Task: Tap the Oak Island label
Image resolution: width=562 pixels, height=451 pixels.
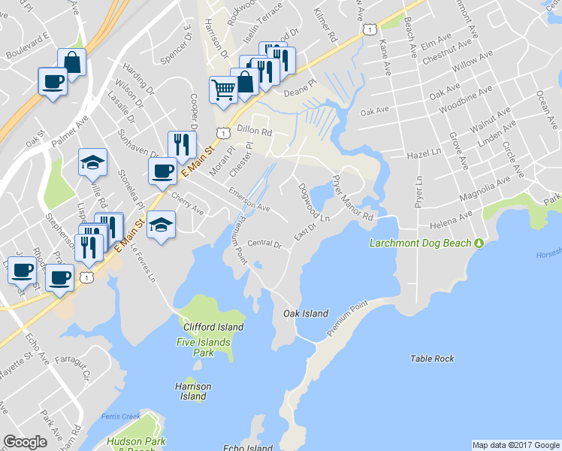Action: pyautogui.click(x=306, y=313)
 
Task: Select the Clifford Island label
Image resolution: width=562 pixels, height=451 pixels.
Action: pyautogui.click(x=214, y=327)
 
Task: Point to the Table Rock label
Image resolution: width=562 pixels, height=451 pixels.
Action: pyautogui.click(x=432, y=359)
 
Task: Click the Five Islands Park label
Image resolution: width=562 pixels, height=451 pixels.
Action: pyautogui.click(x=204, y=347)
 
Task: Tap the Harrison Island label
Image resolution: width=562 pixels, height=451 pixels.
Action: pyautogui.click(x=194, y=391)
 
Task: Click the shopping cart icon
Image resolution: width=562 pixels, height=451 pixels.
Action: pyautogui.click(x=223, y=90)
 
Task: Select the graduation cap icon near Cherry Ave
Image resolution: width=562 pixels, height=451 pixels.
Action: pyautogui.click(x=161, y=225)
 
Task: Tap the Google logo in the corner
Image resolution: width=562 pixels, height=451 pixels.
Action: pyautogui.click(x=25, y=442)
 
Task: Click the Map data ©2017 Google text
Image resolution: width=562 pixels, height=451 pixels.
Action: pyautogui.click(x=515, y=444)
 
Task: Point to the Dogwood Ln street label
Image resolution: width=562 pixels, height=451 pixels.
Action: pyautogui.click(x=313, y=202)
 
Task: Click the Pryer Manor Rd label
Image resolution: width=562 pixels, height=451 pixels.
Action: pyautogui.click(x=352, y=197)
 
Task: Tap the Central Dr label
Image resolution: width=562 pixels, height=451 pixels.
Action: pyautogui.click(x=264, y=244)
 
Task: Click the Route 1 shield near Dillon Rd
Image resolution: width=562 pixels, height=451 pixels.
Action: pyautogui.click(x=223, y=133)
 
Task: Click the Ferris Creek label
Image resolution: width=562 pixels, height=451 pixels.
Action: pyautogui.click(x=119, y=416)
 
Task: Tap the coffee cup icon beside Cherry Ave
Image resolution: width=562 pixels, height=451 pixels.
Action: pyautogui.click(x=162, y=171)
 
